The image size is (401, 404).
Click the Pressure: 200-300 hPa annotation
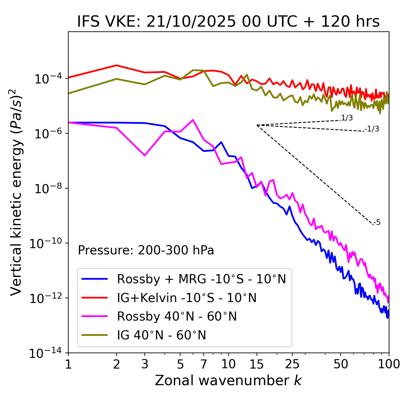click(x=146, y=250)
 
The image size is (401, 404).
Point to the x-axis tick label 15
click(x=257, y=364)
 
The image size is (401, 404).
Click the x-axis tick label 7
click(x=204, y=364)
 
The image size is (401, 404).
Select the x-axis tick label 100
click(x=388, y=364)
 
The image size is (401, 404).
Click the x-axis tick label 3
click(x=144, y=364)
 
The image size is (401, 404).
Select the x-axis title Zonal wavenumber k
click(x=228, y=380)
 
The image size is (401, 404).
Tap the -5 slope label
click(x=377, y=223)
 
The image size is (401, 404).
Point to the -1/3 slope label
click(x=372, y=129)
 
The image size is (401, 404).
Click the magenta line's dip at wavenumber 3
click(x=144, y=155)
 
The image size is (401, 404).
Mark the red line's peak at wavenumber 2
click(x=117, y=65)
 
